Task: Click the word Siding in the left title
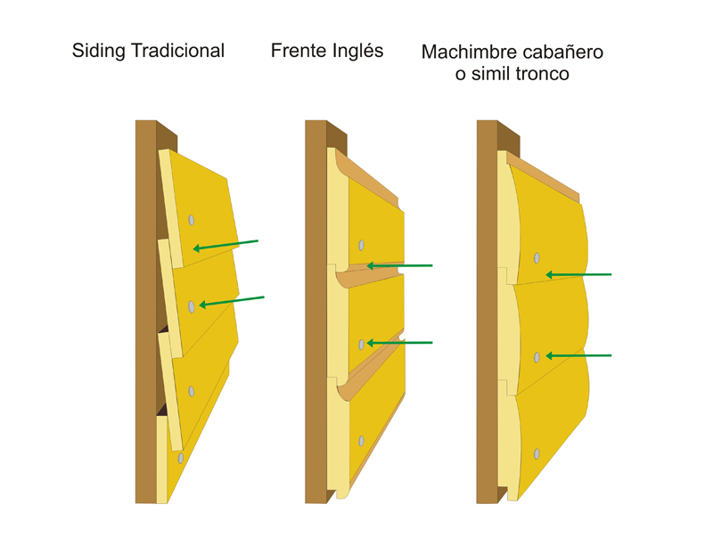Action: tap(98, 51)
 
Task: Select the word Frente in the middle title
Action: tap(299, 51)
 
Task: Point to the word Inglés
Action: tap(356, 52)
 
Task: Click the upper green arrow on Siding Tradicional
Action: tap(226, 244)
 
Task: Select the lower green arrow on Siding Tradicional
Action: tap(232, 301)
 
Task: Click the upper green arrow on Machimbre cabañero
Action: tap(578, 274)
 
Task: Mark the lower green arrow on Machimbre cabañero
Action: tap(578, 355)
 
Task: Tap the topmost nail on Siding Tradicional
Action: tap(192, 220)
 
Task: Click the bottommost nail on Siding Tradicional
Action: tap(181, 459)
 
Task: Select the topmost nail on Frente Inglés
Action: tap(361, 245)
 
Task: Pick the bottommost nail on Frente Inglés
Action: tap(361, 441)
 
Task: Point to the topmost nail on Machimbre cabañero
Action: tap(537, 258)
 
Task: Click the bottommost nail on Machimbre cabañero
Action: tap(537, 454)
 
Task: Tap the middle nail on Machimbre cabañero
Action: tap(537, 357)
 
